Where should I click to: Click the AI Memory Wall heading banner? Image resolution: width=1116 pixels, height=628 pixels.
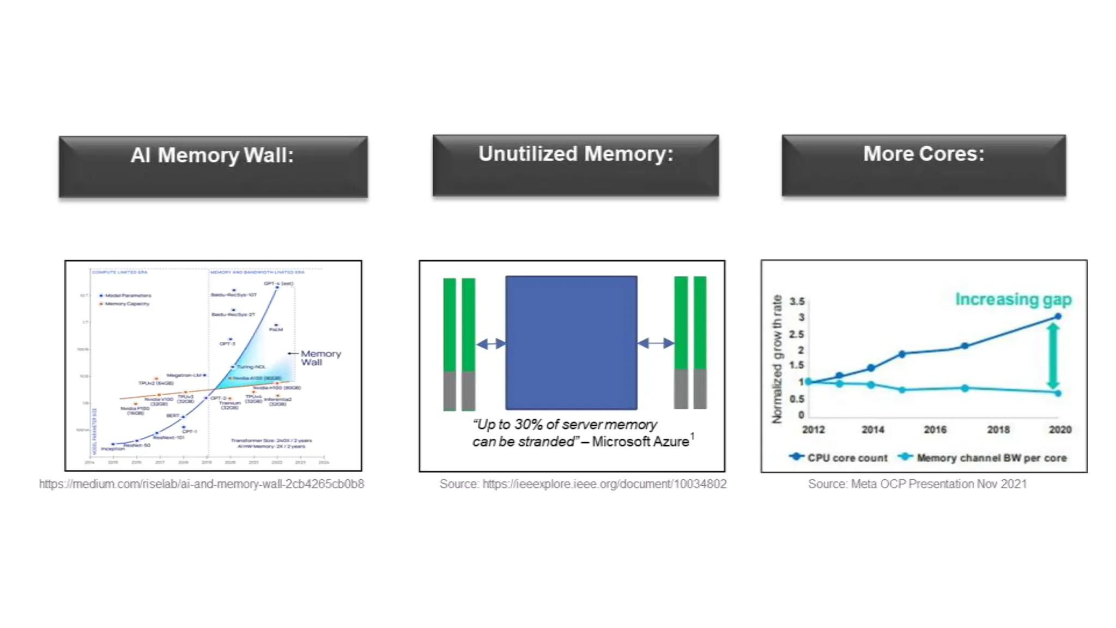[213, 166]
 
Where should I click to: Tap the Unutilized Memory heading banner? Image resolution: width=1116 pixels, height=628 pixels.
[575, 165]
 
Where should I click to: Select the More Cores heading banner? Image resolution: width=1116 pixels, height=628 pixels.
[924, 165]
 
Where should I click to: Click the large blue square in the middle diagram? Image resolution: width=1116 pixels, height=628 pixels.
[571, 342]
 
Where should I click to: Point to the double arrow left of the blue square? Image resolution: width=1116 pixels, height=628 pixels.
[491, 343]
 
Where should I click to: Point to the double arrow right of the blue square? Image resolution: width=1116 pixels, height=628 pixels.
[656, 343]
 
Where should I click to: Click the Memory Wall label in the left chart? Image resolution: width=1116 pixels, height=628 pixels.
[320, 358]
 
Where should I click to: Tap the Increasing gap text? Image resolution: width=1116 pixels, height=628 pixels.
[1013, 299]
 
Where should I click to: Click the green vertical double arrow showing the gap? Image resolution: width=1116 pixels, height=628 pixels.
[1053, 355]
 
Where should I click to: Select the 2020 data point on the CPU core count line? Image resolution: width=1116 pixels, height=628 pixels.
[1058, 316]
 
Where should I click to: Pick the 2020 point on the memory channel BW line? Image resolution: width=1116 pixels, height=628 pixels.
[1058, 393]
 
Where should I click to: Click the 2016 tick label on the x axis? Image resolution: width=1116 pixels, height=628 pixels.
[935, 430]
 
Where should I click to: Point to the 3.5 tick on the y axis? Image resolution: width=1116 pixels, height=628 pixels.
[797, 301]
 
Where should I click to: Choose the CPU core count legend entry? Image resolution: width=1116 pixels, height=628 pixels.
[839, 457]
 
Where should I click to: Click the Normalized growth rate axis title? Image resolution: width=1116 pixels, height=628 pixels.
[777, 359]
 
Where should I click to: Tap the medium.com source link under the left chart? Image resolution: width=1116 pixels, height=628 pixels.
[202, 484]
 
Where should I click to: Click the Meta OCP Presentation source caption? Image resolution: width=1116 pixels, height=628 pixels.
[917, 484]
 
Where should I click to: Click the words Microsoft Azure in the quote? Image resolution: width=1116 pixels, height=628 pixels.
[640, 442]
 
